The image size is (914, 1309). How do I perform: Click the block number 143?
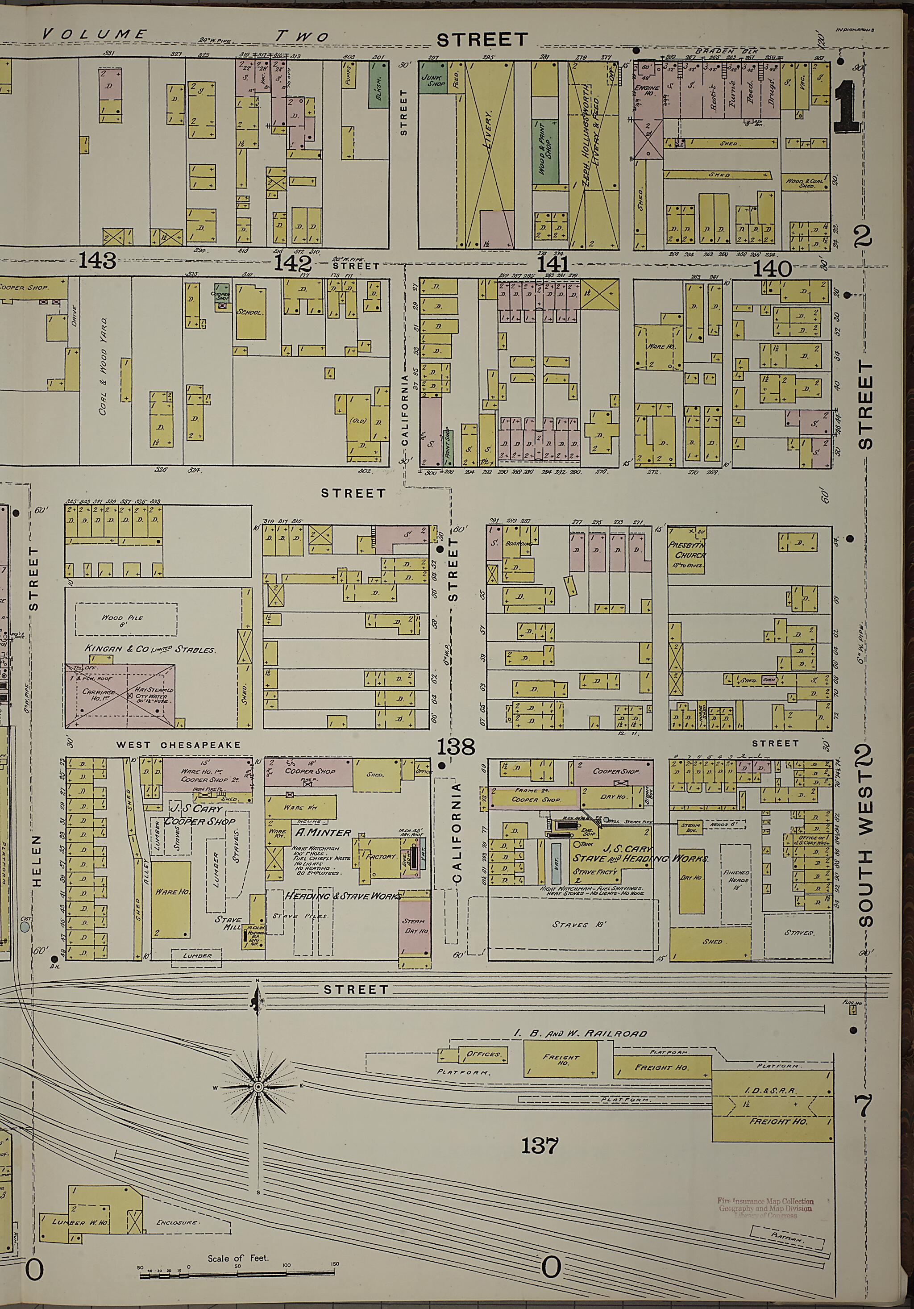tap(97, 261)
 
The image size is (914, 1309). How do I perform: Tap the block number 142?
tap(294, 263)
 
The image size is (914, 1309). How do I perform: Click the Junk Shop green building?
tap(433, 80)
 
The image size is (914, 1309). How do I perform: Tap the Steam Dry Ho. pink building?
tap(414, 925)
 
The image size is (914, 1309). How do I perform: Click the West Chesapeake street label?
tap(179, 745)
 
